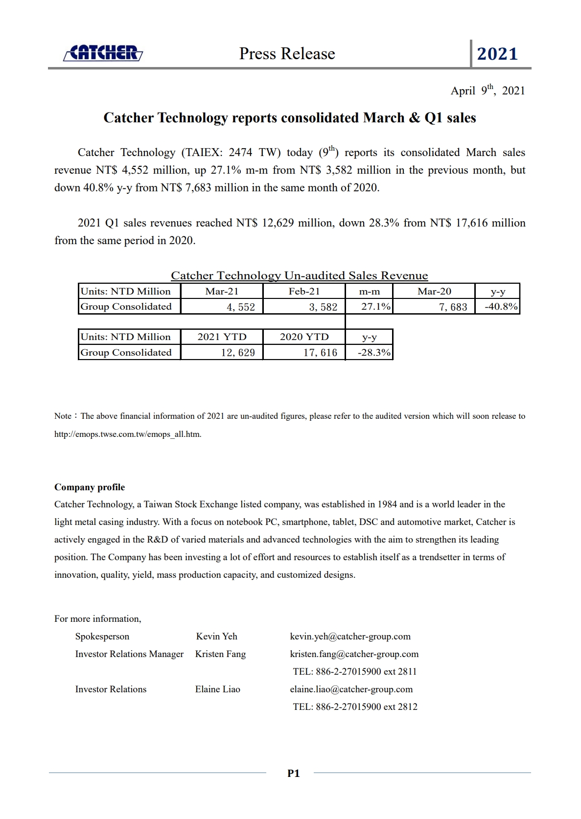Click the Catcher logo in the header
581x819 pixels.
(x=103, y=53)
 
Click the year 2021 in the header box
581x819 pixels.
(x=497, y=54)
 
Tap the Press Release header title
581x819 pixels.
(x=287, y=53)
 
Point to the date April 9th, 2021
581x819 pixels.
(x=488, y=91)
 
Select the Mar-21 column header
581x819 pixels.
(x=222, y=292)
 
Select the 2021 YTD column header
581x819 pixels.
(x=222, y=337)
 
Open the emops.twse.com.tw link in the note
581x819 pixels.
(x=127, y=434)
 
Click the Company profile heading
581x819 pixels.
(x=90, y=487)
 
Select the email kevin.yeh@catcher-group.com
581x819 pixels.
(x=350, y=637)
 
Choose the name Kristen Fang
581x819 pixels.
(x=220, y=654)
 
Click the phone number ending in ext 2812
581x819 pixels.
(x=355, y=707)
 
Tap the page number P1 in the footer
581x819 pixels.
(x=293, y=773)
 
